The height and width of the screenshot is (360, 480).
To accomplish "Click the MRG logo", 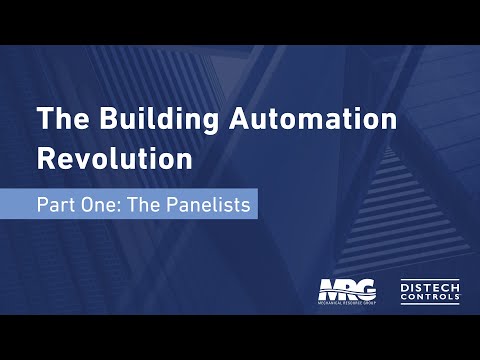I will pyautogui.click(x=347, y=291).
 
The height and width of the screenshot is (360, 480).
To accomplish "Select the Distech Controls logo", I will pyautogui.click(x=430, y=291).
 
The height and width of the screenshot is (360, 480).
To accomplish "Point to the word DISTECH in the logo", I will pyautogui.click(x=430, y=285).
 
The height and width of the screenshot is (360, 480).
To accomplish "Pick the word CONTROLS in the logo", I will pyautogui.click(x=430, y=297).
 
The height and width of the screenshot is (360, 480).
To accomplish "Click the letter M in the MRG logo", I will pyautogui.click(x=331, y=289).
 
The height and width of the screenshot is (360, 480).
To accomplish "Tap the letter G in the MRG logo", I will pyautogui.click(x=366, y=289).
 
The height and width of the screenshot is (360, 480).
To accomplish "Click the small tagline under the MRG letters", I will pyautogui.click(x=347, y=301).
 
